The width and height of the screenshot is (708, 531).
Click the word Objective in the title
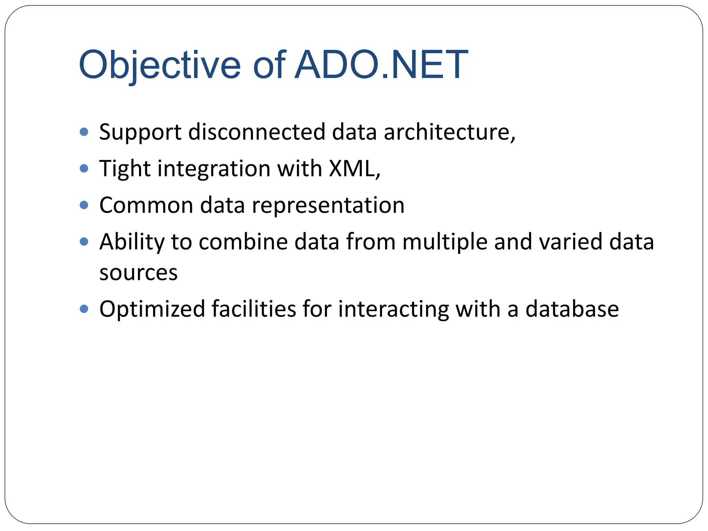point(160,65)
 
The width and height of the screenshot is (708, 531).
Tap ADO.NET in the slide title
point(381,65)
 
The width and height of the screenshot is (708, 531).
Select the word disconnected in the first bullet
point(257,132)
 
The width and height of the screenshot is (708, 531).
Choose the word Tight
point(125,169)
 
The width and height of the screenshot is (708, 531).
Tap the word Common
point(146,205)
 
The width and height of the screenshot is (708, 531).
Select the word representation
point(328,205)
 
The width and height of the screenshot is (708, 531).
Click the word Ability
point(132,242)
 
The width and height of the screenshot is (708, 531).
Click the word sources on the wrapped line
point(138,273)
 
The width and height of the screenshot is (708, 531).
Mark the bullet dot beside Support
point(84,132)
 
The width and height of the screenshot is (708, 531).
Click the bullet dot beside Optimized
point(84,308)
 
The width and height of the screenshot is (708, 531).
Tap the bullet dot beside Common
point(84,205)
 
